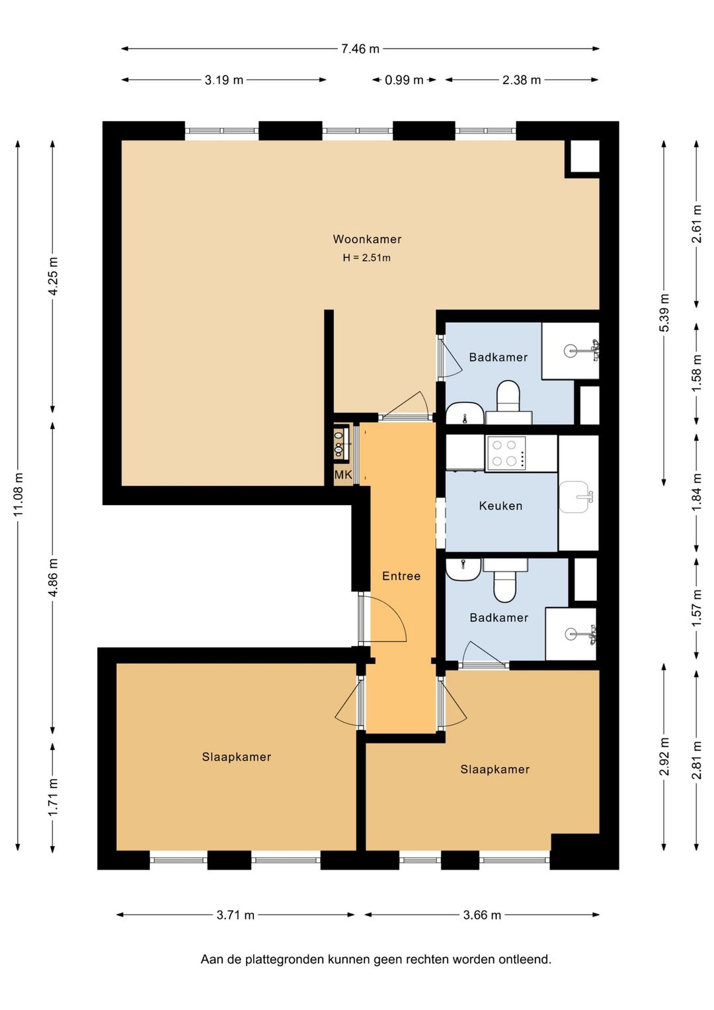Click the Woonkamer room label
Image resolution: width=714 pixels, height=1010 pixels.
coord(367,239)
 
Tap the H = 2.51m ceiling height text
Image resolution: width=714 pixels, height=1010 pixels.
coord(366,258)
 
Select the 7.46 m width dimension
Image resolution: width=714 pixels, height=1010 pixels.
coord(360,49)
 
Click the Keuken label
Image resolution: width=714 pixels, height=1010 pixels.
coord(500,506)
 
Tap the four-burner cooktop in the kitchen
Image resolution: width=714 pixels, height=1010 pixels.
coord(504,453)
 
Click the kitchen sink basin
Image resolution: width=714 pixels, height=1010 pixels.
coord(574,497)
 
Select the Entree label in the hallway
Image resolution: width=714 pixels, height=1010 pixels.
coord(401,576)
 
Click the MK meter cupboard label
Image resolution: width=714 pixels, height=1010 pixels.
coord(343,475)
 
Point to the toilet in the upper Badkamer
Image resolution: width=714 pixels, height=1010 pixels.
coord(508,398)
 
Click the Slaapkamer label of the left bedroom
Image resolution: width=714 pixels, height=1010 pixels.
coord(236,757)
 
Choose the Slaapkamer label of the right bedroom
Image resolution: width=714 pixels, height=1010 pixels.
coord(495,769)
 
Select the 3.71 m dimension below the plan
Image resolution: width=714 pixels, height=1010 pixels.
coord(235,915)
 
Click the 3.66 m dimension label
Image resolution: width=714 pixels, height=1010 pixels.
coord(482,915)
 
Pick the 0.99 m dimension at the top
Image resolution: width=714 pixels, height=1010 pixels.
coord(404,80)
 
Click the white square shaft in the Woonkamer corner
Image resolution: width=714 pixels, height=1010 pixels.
coord(584,156)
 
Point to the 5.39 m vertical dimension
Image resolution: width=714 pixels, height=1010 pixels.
coord(664,312)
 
